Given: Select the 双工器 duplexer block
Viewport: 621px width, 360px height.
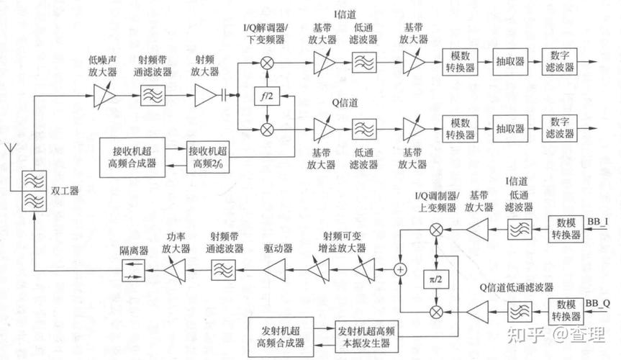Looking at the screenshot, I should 32,191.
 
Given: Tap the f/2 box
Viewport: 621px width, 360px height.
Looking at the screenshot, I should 267,96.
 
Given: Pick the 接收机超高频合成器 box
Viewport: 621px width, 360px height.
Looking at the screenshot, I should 132,156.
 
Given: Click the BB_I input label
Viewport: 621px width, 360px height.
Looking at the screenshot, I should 597,221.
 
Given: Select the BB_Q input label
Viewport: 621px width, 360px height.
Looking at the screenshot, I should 598,302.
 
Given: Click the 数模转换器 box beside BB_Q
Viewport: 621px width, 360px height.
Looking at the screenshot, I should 566,310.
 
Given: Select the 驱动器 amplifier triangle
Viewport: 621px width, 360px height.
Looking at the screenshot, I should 274,269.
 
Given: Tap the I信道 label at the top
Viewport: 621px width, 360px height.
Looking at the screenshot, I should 345,12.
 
